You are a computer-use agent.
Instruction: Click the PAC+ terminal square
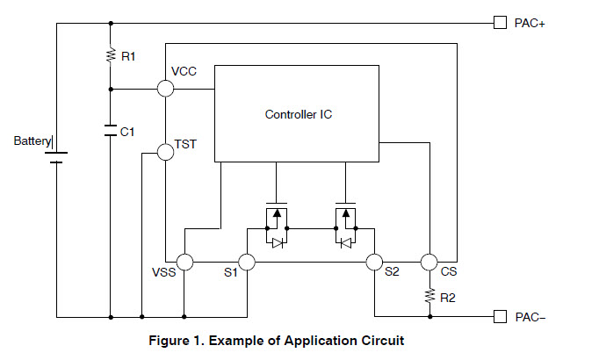pyautogui.click(x=500, y=23)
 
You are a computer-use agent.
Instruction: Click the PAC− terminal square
pyautogui.click(x=500, y=316)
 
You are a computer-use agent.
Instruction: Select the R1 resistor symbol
pyautogui.click(x=111, y=55)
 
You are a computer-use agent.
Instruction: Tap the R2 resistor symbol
pyautogui.click(x=429, y=296)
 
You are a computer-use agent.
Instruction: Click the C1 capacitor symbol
pyautogui.click(x=111, y=130)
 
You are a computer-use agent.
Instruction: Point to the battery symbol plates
pyautogui.click(x=56, y=157)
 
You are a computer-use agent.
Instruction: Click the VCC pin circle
pyautogui.click(x=165, y=89)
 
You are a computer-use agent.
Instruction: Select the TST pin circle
pyautogui.click(x=165, y=152)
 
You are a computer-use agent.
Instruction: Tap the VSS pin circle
pyautogui.click(x=185, y=263)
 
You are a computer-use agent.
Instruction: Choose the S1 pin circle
pyautogui.click(x=247, y=263)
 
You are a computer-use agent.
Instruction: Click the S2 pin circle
pyautogui.click(x=374, y=263)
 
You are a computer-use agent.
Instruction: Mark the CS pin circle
pyautogui.click(x=429, y=263)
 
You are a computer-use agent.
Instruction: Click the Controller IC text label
pyautogui.click(x=299, y=114)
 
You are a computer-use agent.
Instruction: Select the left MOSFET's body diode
pyautogui.click(x=278, y=243)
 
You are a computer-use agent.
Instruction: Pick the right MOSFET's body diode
pyautogui.click(x=346, y=243)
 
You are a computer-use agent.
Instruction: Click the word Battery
pyautogui.click(x=32, y=141)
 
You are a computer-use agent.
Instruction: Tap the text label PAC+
pyautogui.click(x=530, y=24)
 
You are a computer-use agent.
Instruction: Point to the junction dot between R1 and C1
pyautogui.click(x=111, y=89)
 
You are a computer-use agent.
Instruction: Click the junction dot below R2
pyautogui.click(x=429, y=316)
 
